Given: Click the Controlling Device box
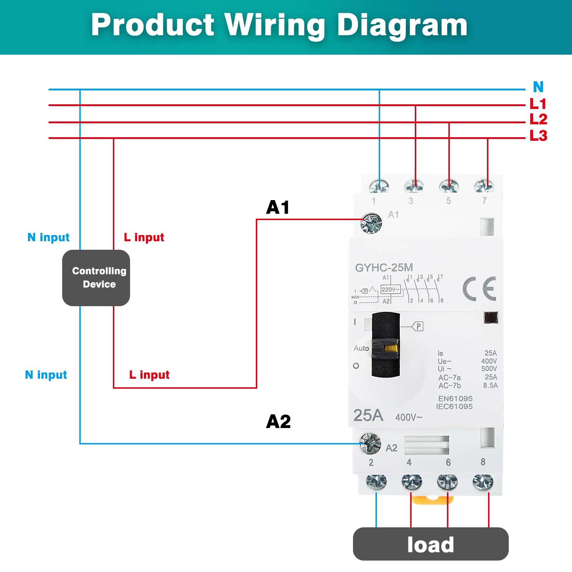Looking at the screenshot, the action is tap(96, 278).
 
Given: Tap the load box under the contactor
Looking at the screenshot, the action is tap(431, 544).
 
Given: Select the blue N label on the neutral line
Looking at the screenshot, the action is tap(538, 87).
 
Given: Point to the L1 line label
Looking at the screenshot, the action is tap(538, 104).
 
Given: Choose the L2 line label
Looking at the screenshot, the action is tap(538, 119).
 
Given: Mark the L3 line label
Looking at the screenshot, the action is tap(538, 135).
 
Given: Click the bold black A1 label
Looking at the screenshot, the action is tap(278, 207).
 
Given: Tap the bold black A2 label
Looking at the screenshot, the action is tap(278, 422).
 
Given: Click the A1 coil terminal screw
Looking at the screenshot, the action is tap(371, 223).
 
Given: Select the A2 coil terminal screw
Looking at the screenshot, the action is tap(369, 443).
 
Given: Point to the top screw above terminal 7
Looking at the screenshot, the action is tap(484, 186).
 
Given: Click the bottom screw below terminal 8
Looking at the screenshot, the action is tap(483, 482).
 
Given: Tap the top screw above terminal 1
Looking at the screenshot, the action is tap(379, 186).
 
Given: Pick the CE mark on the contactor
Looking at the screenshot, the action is tap(479, 288).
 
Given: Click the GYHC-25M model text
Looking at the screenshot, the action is tap(384, 268).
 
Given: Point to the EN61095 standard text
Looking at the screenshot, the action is tap(455, 398).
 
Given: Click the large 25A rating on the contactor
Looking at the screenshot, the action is tap(368, 416).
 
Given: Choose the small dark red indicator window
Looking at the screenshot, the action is tap(491, 318).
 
